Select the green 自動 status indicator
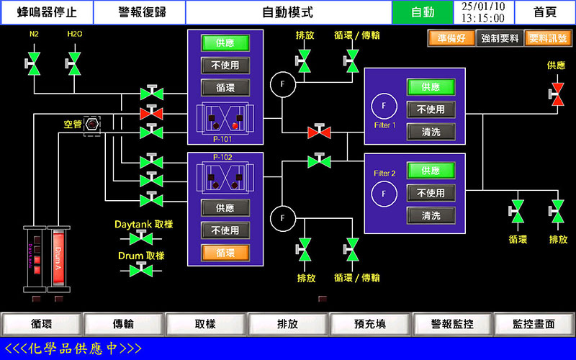[423, 12]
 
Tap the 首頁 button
[545, 12]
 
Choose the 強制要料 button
[500, 39]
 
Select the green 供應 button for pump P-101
[225, 43]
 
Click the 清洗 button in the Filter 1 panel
[431, 132]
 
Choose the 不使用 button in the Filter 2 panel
[431, 193]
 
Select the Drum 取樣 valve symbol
[141, 270]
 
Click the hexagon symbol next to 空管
[92, 125]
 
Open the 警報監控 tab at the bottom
[452, 325]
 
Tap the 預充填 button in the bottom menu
[370, 325]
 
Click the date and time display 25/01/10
[482, 12]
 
